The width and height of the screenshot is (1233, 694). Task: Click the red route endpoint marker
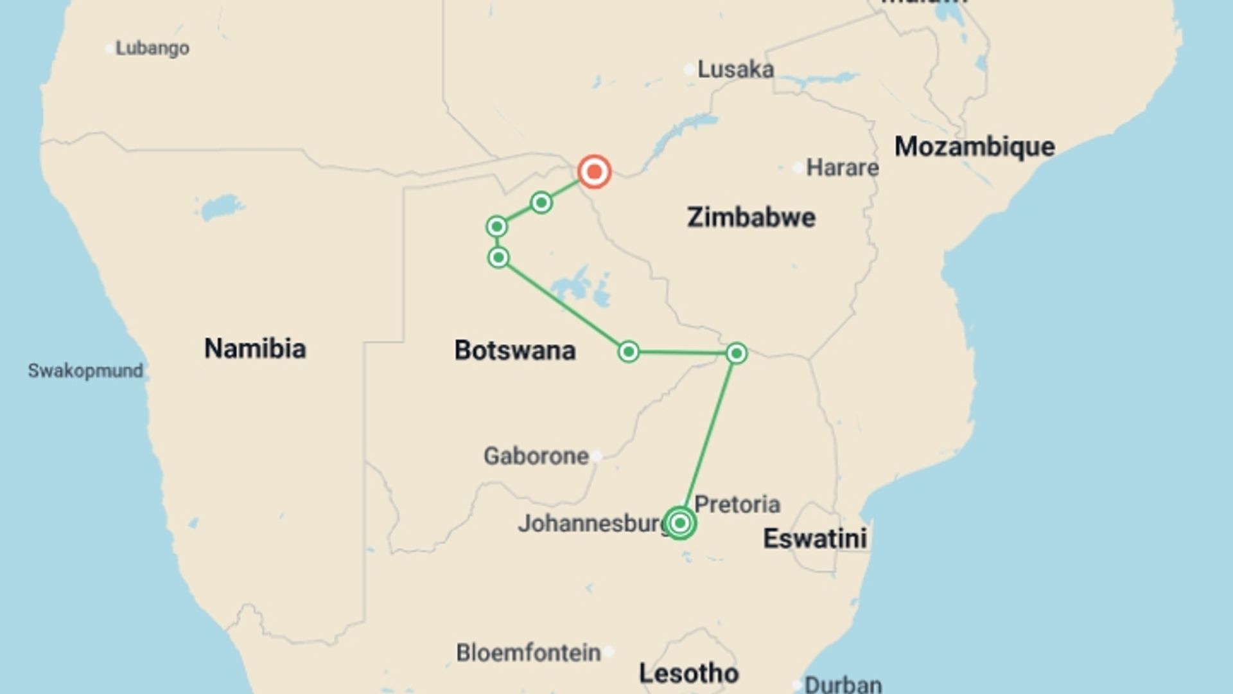594,172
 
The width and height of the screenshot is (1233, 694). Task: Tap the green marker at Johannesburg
679,523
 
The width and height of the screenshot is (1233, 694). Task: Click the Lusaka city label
735,69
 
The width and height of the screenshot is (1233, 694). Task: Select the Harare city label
842,168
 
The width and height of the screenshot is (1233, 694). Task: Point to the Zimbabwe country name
751,217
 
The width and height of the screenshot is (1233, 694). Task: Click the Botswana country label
514,350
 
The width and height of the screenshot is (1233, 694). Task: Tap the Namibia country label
255,348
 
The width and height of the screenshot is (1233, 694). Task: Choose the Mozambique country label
974,147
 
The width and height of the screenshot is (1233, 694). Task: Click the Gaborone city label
536,456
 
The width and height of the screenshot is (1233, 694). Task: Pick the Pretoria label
737,504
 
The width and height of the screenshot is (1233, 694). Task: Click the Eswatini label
814,538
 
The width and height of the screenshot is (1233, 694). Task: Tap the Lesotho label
688,673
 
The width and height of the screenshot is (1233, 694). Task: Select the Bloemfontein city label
529,653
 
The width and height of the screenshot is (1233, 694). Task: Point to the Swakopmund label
85,371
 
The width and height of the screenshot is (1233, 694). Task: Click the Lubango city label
152,48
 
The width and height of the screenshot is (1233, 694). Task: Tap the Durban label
843,684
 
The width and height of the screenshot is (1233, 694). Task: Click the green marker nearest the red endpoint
541,203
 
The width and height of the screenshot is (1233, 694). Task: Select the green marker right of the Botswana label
629,351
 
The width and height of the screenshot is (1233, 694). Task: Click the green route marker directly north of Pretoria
736,353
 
